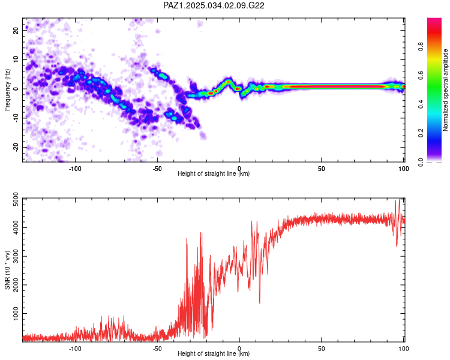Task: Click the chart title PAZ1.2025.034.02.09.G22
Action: pyautogui.click(x=214, y=5)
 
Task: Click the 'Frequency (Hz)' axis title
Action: pyautogui.click(x=7, y=90)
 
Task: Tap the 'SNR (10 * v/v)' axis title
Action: pyautogui.click(x=7, y=270)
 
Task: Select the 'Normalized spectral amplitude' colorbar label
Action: pyautogui.click(x=445, y=90)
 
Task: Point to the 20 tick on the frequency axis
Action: pyautogui.click(x=16, y=31)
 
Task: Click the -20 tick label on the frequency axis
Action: pyautogui.click(x=16, y=148)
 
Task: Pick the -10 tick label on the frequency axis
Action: pyautogui.click(x=16, y=118)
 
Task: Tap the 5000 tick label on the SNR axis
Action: pyautogui.click(x=16, y=199)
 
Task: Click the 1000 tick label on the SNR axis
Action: pyautogui.click(x=16, y=313)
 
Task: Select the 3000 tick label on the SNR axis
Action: pyautogui.click(x=16, y=256)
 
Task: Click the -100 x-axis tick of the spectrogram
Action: pyautogui.click(x=75, y=169)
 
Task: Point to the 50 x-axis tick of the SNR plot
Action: pyautogui.click(x=322, y=349)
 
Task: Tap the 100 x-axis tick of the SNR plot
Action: pyautogui.click(x=404, y=349)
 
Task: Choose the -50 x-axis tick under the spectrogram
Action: pyautogui.click(x=157, y=169)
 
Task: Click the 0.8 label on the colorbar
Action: pyautogui.click(x=421, y=46)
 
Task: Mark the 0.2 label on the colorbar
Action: pyautogui.click(x=421, y=133)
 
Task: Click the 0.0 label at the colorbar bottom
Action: pyautogui.click(x=421, y=162)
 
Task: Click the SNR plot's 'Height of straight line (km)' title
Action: pyautogui.click(x=214, y=353)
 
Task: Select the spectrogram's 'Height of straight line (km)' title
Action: pyautogui.click(x=214, y=173)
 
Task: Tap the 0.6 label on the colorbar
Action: pyautogui.click(x=421, y=75)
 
